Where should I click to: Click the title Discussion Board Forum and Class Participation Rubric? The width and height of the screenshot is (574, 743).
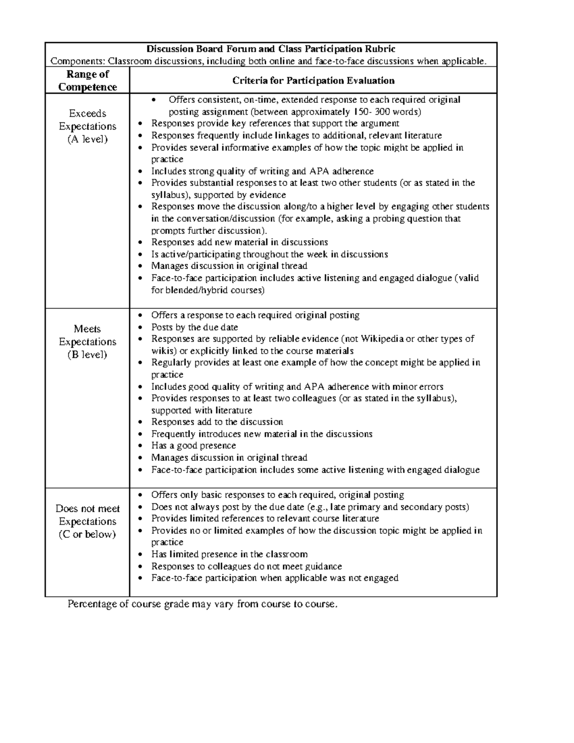[x=271, y=49]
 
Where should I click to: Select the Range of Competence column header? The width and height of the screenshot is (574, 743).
[x=88, y=80]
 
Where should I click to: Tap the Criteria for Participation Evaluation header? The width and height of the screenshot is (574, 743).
[x=313, y=80]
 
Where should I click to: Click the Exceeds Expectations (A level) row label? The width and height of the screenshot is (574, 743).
[x=88, y=126]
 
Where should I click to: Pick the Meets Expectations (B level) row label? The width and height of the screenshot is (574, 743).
[x=88, y=342]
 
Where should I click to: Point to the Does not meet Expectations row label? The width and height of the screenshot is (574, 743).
[x=88, y=521]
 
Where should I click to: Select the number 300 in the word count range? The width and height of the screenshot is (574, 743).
[x=380, y=112]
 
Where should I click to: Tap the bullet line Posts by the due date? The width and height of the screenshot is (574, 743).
[x=195, y=327]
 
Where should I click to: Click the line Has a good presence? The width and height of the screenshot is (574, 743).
[x=194, y=445]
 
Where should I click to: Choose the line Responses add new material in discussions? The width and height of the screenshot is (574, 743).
[x=240, y=242]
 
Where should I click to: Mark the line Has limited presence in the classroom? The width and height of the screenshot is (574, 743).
[x=229, y=554]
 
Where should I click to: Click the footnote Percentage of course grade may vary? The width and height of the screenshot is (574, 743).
[x=203, y=604]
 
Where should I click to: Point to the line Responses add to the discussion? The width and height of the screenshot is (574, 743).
[x=217, y=421]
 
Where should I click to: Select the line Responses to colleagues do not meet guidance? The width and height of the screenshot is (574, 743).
[x=246, y=566]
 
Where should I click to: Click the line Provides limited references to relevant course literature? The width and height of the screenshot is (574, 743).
[x=265, y=518]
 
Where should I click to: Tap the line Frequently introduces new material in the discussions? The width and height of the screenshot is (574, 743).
[x=262, y=434]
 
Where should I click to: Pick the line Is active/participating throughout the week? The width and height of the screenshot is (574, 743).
[x=269, y=254]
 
